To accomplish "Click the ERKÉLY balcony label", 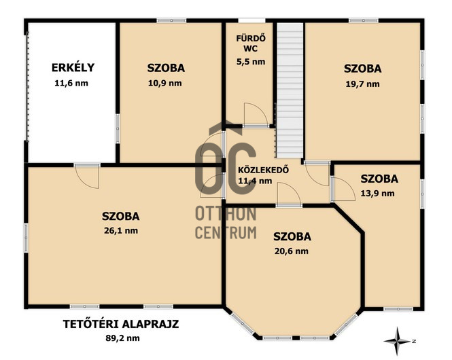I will (72, 67).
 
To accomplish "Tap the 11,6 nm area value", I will (72, 84).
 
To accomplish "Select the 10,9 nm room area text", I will (166, 84).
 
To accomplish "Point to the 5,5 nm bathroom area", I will (249, 61).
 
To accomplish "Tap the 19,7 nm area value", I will (362, 84).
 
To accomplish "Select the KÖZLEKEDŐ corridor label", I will (263, 170).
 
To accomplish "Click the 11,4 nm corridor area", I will (255, 181).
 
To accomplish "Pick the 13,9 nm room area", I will (379, 194).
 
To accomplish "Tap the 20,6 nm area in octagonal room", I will (292, 251).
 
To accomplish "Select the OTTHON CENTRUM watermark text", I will (226, 223).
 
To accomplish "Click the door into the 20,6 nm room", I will (288, 196).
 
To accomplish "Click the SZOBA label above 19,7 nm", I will (362, 68).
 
